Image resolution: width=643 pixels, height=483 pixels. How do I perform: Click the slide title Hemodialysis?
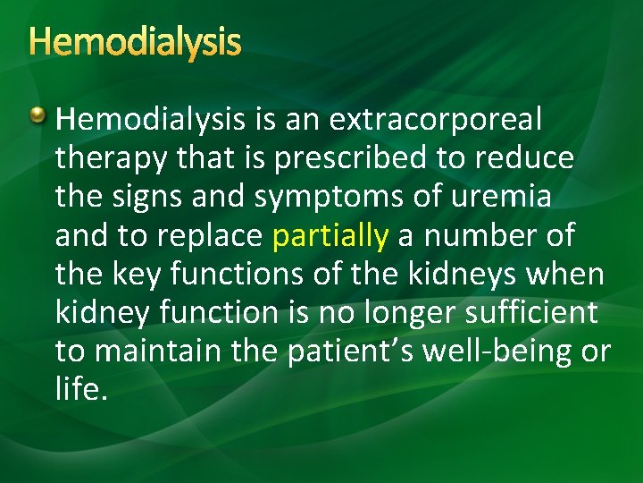coord(135,42)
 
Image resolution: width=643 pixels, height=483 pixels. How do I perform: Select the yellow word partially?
coord(330,236)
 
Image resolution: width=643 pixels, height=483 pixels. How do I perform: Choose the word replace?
coord(210,236)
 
